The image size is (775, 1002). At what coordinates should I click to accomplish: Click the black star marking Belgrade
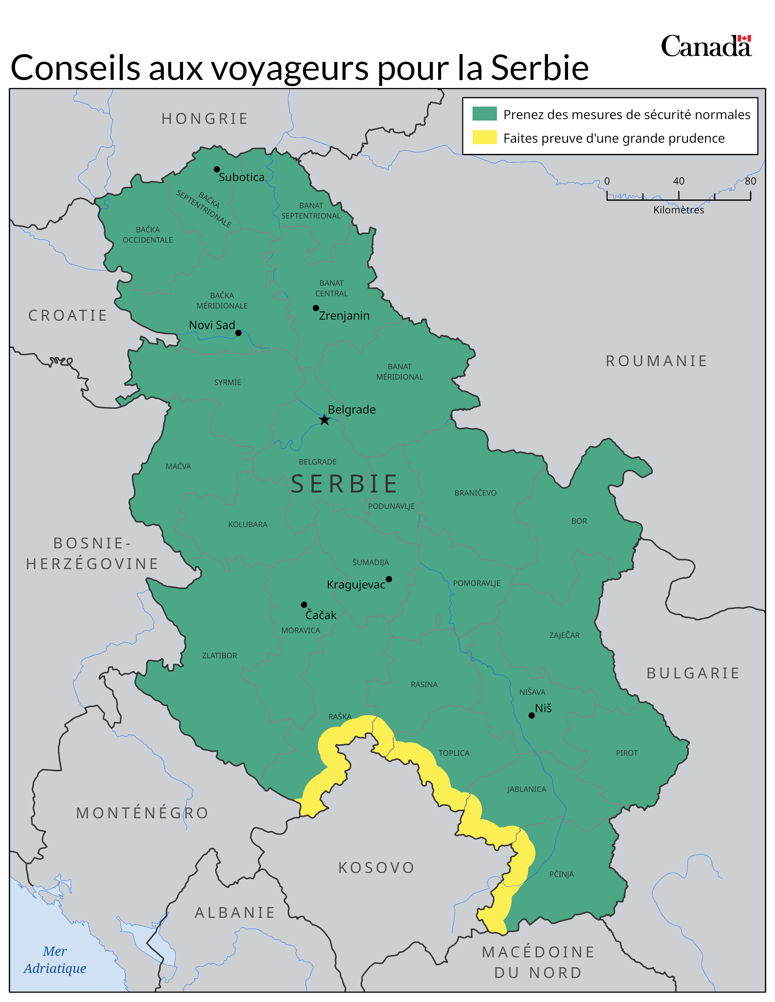point(324,420)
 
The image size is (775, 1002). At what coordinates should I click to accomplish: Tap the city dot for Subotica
point(217,169)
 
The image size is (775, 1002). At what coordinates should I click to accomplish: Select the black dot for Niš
point(531,715)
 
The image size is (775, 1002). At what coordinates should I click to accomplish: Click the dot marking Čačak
point(304,605)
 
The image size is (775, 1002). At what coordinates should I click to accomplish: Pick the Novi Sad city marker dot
point(238,333)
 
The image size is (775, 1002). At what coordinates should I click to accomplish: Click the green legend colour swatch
point(484,114)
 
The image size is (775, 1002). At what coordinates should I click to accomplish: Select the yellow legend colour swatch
point(484,138)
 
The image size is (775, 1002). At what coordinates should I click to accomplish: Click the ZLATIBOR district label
point(219,656)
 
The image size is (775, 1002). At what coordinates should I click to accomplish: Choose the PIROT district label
point(626,753)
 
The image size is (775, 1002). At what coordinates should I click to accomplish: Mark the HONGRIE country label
point(205,119)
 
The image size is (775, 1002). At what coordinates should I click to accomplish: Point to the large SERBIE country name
point(344,484)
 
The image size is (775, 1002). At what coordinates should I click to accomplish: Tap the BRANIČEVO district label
point(475,493)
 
